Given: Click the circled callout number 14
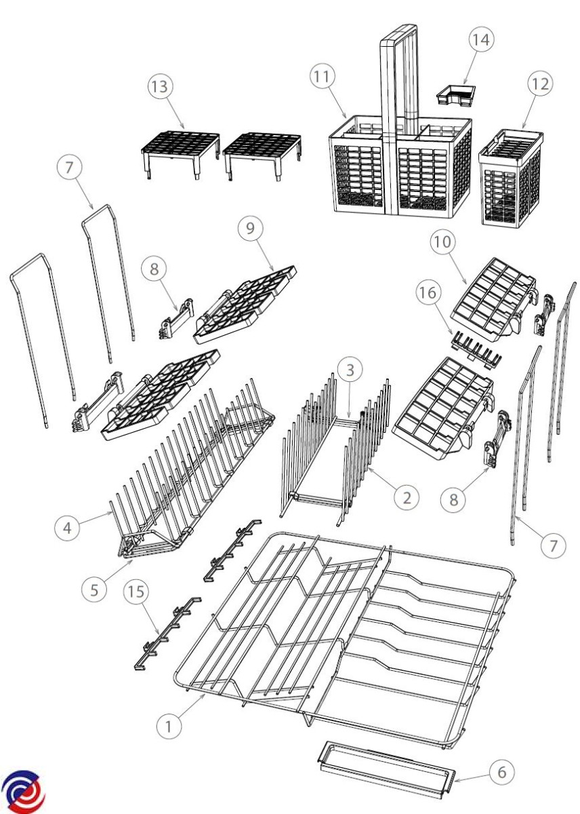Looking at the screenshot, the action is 481,39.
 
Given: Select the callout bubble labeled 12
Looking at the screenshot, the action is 540,84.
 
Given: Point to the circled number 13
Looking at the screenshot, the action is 160,87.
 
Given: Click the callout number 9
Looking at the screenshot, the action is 250,228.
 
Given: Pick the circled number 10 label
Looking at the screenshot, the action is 442,241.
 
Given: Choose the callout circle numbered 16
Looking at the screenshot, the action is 428,292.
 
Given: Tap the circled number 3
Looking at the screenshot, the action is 350,370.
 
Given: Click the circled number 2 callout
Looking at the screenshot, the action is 407,497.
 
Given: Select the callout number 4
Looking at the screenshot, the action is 68,528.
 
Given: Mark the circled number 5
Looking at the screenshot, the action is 94,589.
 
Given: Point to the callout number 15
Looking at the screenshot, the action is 136,592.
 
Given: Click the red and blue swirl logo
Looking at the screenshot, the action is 22,787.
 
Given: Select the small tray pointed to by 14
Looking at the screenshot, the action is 455,95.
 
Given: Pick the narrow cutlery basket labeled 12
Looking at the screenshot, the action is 511,179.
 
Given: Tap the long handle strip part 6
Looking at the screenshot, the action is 385,760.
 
